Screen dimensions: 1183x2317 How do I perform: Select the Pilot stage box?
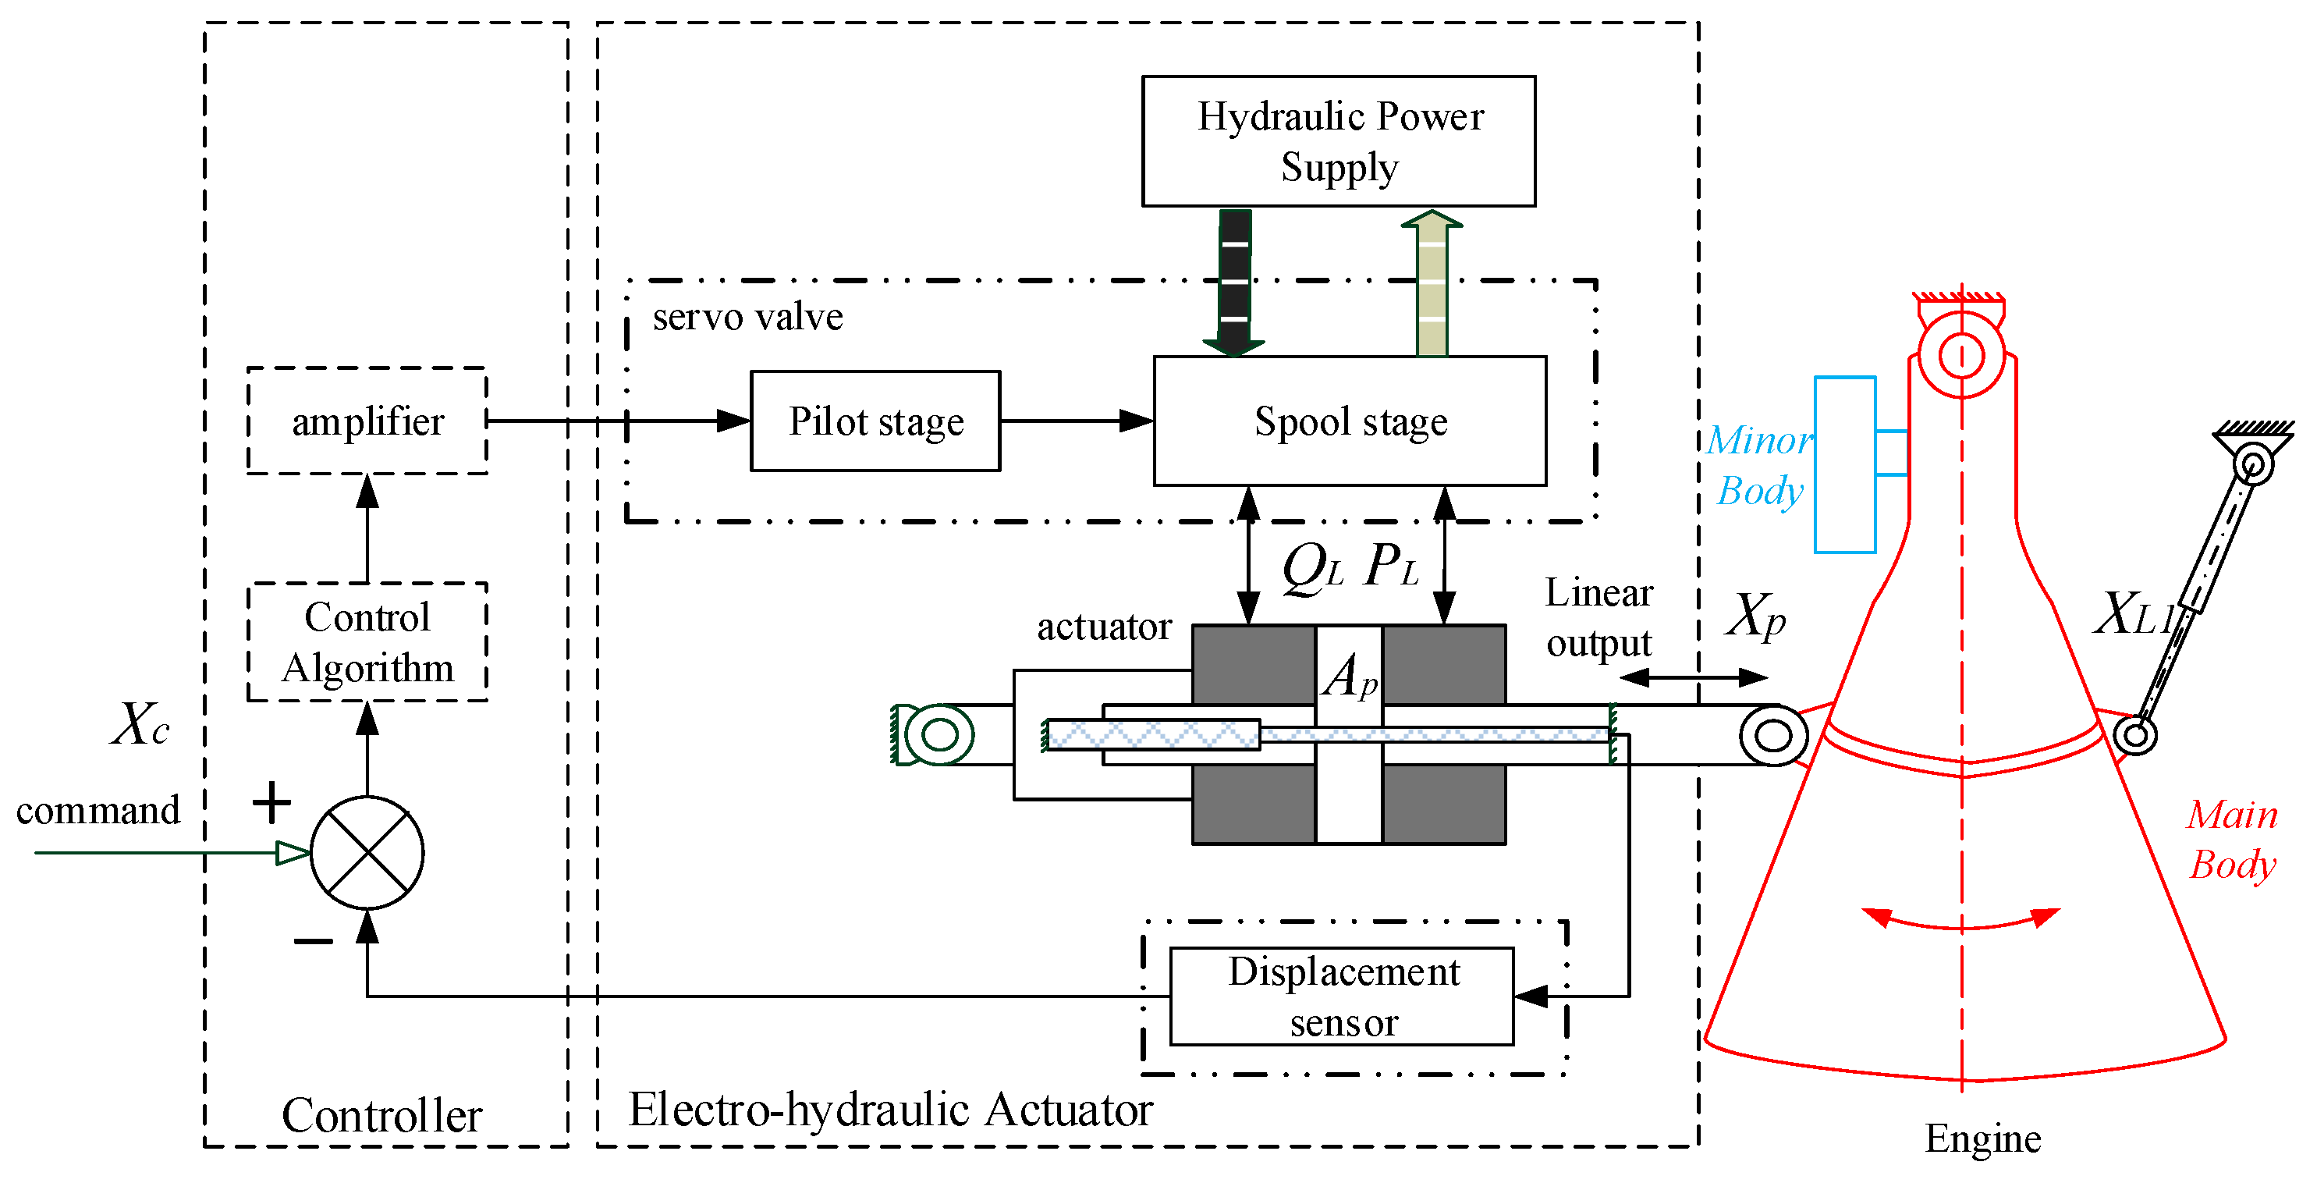pos(875,421)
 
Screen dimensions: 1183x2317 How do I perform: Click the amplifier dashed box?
pos(367,421)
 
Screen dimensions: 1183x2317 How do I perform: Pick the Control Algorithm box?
pos(367,641)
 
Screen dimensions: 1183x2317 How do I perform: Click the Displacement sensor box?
pos(1341,996)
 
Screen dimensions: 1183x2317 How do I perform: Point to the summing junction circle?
pos(367,852)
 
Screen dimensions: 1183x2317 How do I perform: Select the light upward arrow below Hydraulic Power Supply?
pos(1431,283)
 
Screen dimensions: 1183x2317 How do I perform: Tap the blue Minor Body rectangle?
pos(1844,464)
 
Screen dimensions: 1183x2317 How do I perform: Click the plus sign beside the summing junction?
pos(271,801)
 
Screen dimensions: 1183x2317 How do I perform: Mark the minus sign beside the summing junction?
pos(313,942)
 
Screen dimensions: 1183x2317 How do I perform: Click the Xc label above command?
pos(140,724)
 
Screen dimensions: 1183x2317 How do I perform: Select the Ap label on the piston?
pos(1349,677)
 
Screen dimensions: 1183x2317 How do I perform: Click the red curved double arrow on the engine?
pos(1960,922)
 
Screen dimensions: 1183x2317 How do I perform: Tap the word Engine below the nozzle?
pos(1982,1139)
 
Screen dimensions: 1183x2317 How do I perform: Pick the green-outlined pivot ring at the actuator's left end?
pos(940,734)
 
